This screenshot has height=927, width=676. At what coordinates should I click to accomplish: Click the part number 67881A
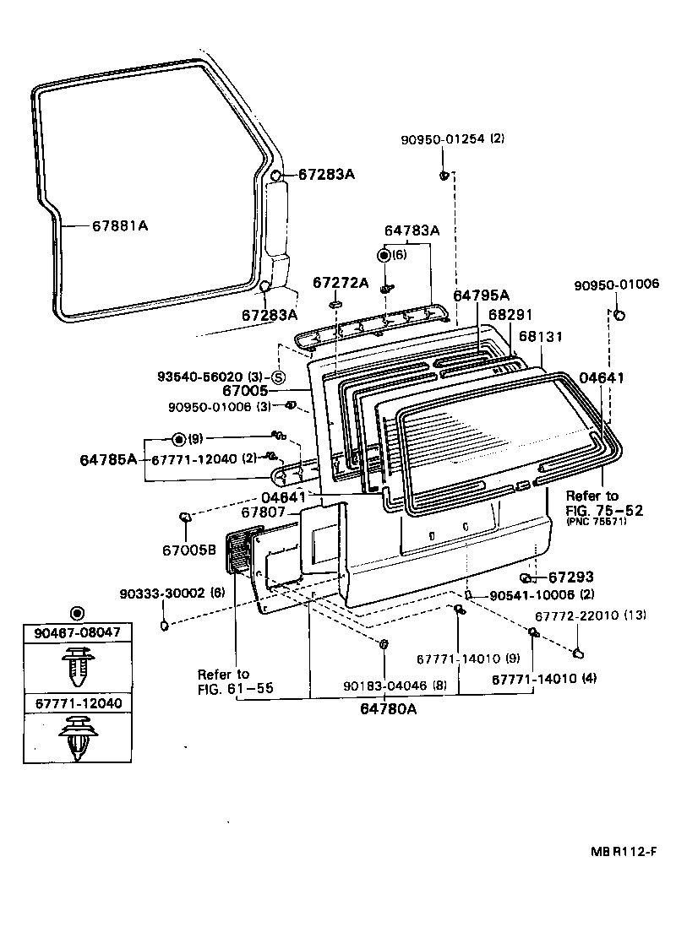[120, 226]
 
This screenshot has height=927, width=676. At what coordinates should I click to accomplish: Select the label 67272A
[341, 282]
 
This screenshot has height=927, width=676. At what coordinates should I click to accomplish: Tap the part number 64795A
[482, 295]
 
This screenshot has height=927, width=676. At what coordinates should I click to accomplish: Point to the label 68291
[509, 314]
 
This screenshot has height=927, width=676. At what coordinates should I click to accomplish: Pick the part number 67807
[264, 512]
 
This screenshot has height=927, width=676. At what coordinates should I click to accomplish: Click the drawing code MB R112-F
[623, 851]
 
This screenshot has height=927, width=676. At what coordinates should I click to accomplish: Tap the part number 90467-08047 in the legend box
[77, 632]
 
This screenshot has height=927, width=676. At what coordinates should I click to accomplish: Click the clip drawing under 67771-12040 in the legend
[77, 739]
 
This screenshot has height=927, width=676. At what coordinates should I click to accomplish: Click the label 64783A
[412, 230]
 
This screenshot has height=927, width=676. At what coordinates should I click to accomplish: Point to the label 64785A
[108, 459]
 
